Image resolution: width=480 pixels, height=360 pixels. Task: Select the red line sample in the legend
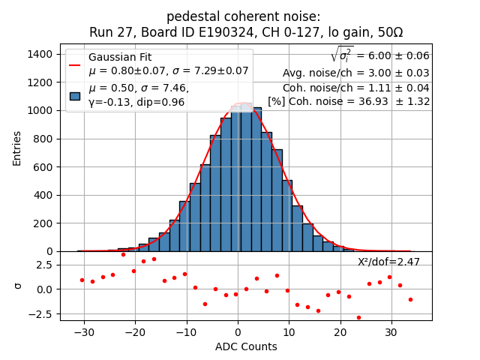tap(75, 64)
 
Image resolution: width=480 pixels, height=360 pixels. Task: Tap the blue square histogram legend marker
tap(75, 96)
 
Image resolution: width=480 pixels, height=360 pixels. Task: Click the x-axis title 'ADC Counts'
tap(246, 346)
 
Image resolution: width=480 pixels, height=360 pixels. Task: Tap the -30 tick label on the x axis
tap(84, 331)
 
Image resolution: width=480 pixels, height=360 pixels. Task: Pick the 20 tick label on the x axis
tap(340, 331)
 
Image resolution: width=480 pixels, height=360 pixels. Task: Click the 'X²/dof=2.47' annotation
tap(388, 262)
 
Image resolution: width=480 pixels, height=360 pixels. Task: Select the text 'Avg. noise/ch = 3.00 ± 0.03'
tap(355, 73)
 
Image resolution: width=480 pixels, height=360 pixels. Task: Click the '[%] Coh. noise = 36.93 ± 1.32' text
tap(349, 101)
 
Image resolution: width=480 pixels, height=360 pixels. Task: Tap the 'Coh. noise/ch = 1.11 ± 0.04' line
tap(355, 87)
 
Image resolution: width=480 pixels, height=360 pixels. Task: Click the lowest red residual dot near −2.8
tap(358, 317)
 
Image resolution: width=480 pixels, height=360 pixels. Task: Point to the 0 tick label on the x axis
tap(238, 331)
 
